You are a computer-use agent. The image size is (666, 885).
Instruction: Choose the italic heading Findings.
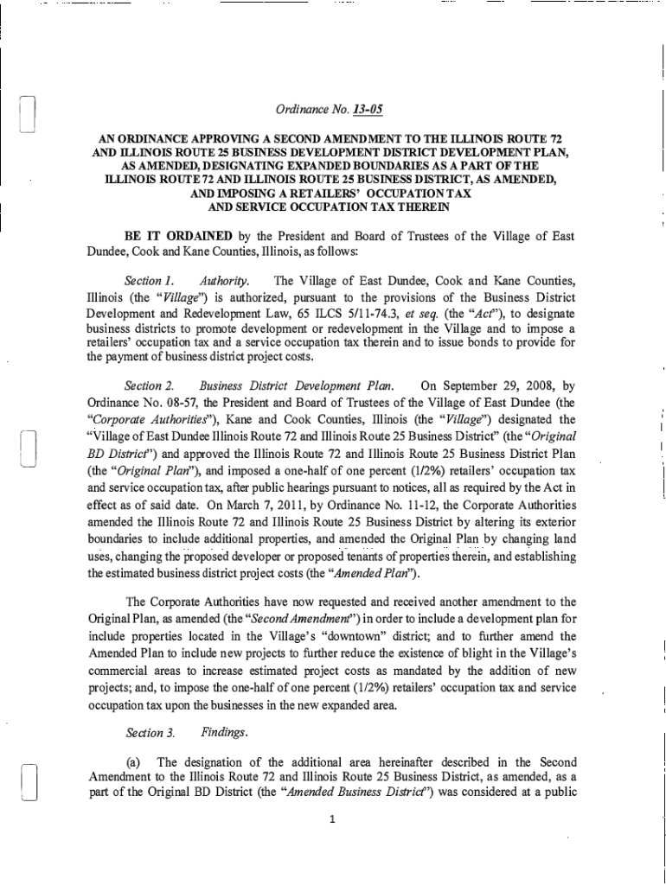(225, 733)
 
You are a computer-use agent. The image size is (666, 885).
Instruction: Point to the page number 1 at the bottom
(332, 819)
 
